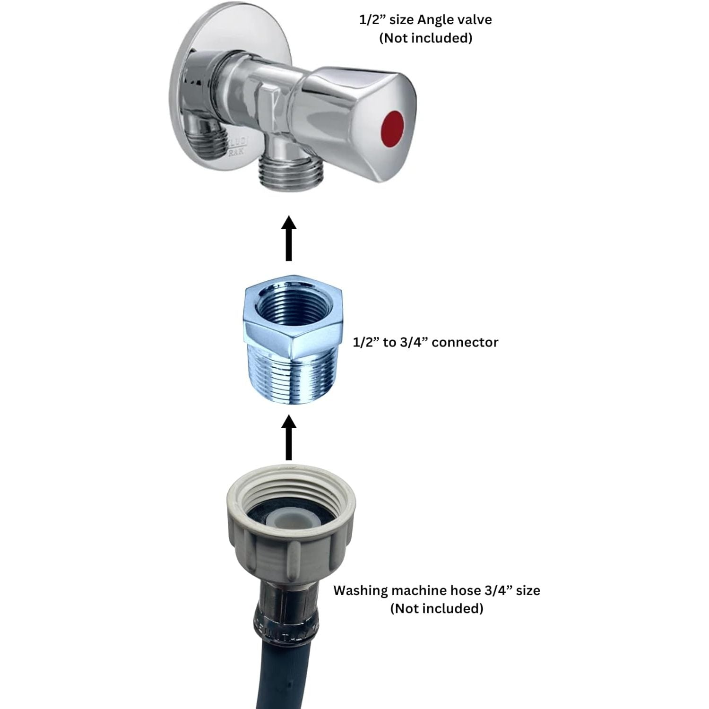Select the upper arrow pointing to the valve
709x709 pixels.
coord(289,238)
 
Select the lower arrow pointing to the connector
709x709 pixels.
coord(289,438)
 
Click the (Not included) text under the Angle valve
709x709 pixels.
coord(425,38)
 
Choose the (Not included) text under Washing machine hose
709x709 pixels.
coord(437,608)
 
